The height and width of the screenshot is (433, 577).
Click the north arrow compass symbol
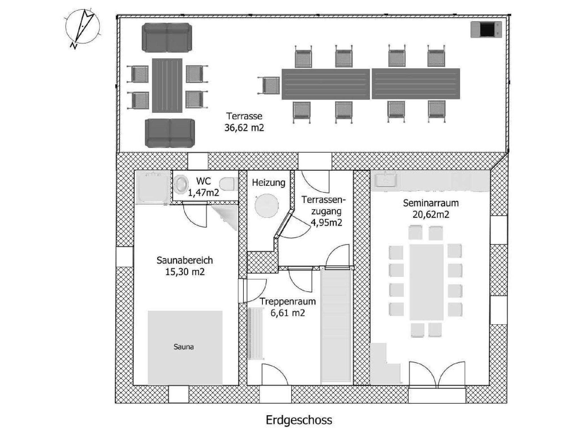pos(82,27)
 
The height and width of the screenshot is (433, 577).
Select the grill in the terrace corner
pos(486,30)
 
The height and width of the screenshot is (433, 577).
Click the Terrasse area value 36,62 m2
pos(244,128)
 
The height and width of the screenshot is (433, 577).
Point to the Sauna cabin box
pos(185,347)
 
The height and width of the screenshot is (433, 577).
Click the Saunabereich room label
pos(185,260)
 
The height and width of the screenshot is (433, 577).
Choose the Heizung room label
pos(268,183)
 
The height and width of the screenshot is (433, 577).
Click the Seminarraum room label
pos(430,203)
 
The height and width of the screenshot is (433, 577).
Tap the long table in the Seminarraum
pos(426,282)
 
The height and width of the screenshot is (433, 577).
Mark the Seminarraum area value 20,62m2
pos(430,215)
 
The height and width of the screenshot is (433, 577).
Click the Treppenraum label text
pos(287,302)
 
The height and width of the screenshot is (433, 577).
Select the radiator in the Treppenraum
pos(256,334)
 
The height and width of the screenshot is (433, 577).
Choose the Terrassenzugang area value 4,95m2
pos(326,223)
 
